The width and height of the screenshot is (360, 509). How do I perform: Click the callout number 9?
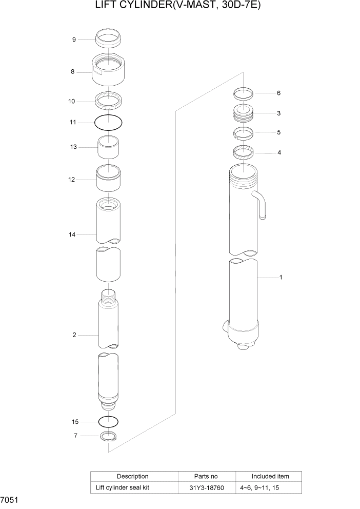(x=74, y=40)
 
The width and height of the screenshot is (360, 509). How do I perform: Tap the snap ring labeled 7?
(x=108, y=437)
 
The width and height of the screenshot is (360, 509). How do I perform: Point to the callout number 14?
(x=72, y=234)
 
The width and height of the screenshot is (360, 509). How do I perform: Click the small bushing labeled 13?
(x=109, y=149)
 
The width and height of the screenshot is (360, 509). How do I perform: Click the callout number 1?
(x=281, y=278)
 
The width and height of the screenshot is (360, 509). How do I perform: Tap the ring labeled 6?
(x=244, y=93)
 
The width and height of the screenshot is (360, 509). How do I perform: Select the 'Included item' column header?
(x=270, y=476)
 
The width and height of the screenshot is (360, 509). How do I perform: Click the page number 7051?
(x=10, y=500)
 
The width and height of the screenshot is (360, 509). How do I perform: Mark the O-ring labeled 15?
(x=109, y=421)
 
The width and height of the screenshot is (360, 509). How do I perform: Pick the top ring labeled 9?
(x=109, y=38)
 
